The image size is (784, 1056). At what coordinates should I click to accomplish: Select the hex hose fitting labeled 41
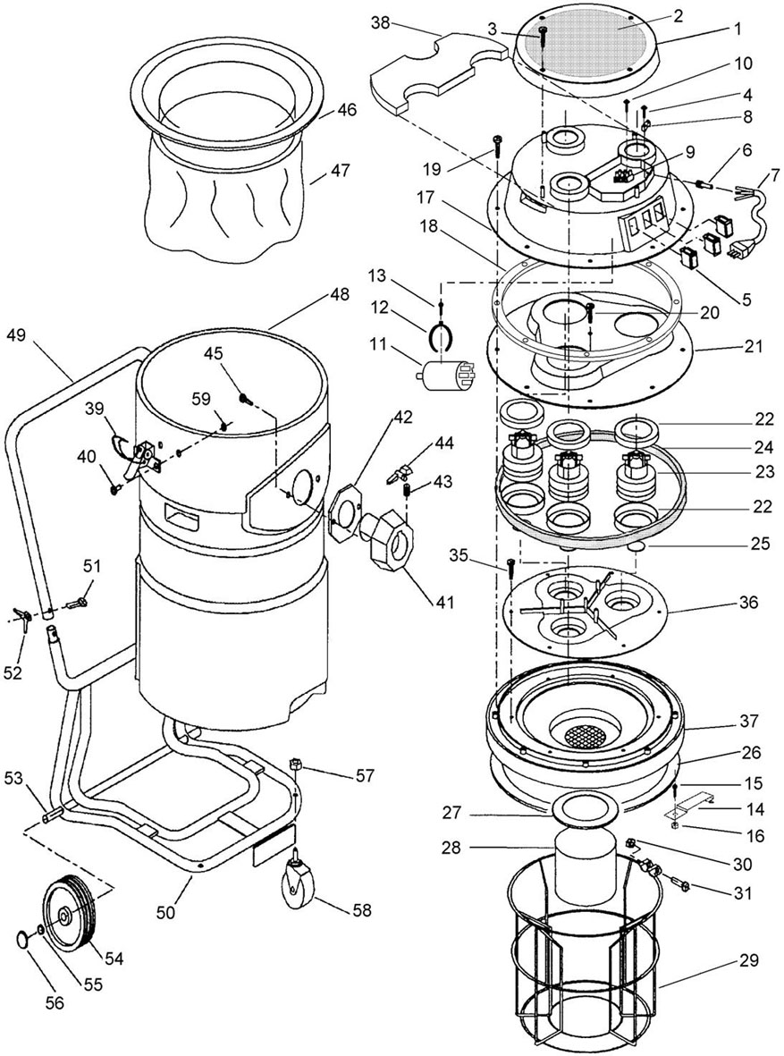tap(387, 539)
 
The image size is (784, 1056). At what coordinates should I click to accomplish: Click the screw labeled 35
tap(510, 567)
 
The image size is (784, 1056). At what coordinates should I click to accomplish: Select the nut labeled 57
tap(294, 765)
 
